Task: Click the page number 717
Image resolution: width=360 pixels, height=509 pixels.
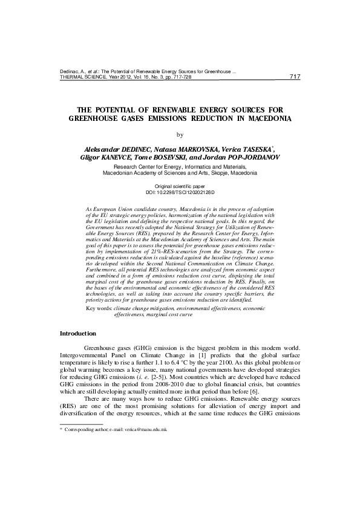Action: tap(295, 77)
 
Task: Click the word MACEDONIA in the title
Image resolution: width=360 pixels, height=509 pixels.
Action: tap(263, 119)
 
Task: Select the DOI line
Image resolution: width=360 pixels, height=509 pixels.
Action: tap(180, 192)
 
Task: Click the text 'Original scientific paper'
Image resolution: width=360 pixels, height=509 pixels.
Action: tap(180, 186)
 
